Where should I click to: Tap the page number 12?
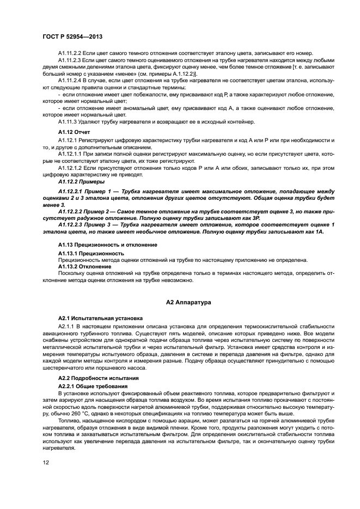(x=46, y=463)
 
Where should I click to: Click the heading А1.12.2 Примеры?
(x=80, y=182)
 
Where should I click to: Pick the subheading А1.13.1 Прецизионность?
(x=90, y=253)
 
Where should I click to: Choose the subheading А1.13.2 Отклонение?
(x=84, y=266)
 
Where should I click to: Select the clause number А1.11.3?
(x=67, y=122)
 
